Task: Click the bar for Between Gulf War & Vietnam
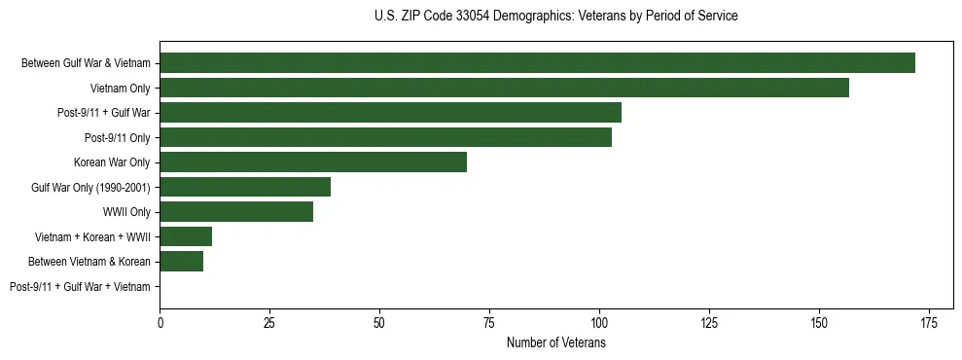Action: tap(537, 63)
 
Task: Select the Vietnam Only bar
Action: tap(504, 88)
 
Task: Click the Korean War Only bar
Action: tap(313, 162)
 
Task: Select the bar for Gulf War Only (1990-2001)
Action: tap(245, 187)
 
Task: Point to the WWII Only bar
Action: tap(236, 211)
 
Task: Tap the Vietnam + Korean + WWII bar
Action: tap(186, 236)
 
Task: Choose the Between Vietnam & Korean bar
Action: tap(182, 261)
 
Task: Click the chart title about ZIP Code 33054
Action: tap(555, 17)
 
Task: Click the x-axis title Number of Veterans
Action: tap(555, 343)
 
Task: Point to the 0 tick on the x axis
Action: tap(160, 322)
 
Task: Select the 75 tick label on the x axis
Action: tap(489, 322)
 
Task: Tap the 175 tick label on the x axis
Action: tap(929, 322)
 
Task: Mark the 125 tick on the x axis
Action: tap(709, 322)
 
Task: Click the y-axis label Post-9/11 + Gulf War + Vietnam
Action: tap(80, 286)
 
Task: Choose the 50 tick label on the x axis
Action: tap(379, 322)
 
